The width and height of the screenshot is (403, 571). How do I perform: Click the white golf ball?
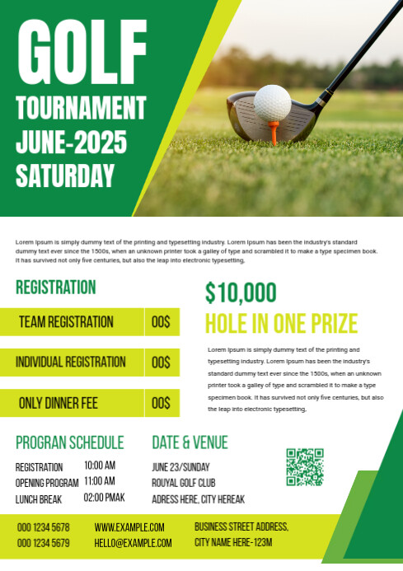click(x=272, y=104)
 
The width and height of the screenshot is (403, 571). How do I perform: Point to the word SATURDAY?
click(x=65, y=176)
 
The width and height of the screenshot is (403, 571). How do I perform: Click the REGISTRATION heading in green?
click(x=55, y=288)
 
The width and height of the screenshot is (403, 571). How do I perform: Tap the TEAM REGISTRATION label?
click(x=66, y=322)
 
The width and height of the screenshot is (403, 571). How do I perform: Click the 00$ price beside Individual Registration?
click(x=161, y=363)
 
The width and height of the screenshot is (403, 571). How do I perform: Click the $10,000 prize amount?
click(x=241, y=293)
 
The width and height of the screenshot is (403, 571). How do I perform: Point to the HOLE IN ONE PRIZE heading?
click(x=281, y=323)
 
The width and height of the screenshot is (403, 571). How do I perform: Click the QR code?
click(x=304, y=466)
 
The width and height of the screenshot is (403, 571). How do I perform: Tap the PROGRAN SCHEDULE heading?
click(x=69, y=442)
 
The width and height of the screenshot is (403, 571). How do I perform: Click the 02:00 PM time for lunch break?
click(x=104, y=498)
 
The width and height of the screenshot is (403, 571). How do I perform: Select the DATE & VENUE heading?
click(x=190, y=442)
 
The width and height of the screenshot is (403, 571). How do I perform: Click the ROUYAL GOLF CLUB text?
click(x=183, y=483)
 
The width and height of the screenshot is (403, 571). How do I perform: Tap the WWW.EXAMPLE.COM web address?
click(x=129, y=527)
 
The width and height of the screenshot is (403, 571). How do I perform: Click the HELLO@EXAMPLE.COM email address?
click(x=133, y=543)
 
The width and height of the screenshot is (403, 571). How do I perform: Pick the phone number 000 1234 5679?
click(x=43, y=543)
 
